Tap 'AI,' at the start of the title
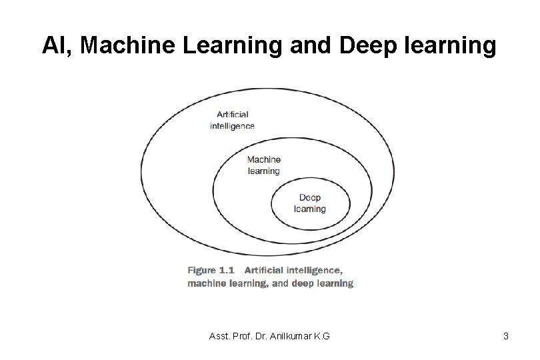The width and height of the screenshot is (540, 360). pos(57,45)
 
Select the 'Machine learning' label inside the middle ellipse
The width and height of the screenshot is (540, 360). pos(264,165)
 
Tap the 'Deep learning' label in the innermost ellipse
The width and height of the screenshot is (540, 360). pos(310,203)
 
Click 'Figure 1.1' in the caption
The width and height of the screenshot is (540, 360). pos(211,271)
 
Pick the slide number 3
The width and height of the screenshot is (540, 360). pos(506,336)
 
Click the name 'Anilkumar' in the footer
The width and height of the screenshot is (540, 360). pos(287,336)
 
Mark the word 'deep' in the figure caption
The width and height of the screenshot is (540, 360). pos(304,283)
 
